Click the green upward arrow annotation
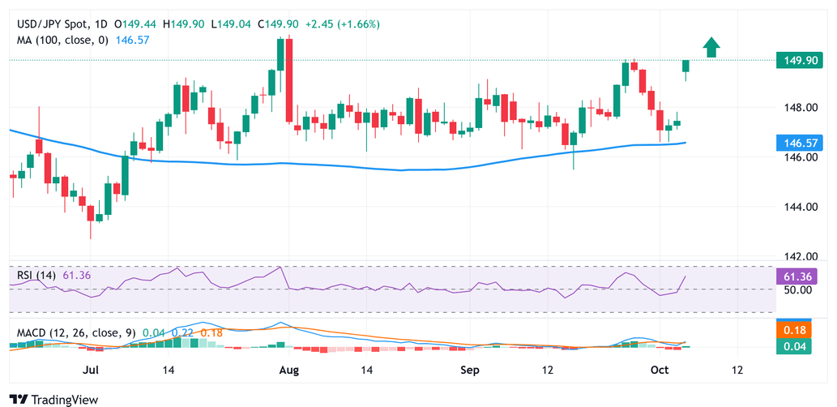pos(711,48)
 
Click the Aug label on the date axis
pos(289,370)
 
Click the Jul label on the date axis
pos(91,370)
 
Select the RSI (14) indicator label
pos(37,276)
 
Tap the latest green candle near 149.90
pos(685,66)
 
